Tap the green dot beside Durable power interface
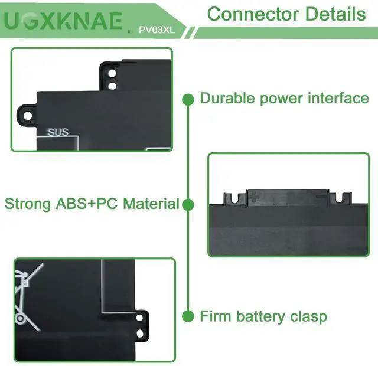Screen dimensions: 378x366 (x=188, y=99)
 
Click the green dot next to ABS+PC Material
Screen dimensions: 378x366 (x=188, y=205)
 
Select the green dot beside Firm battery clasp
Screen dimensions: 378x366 (x=188, y=316)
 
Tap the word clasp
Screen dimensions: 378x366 (x=307, y=316)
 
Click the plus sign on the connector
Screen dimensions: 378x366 (x=253, y=197)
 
